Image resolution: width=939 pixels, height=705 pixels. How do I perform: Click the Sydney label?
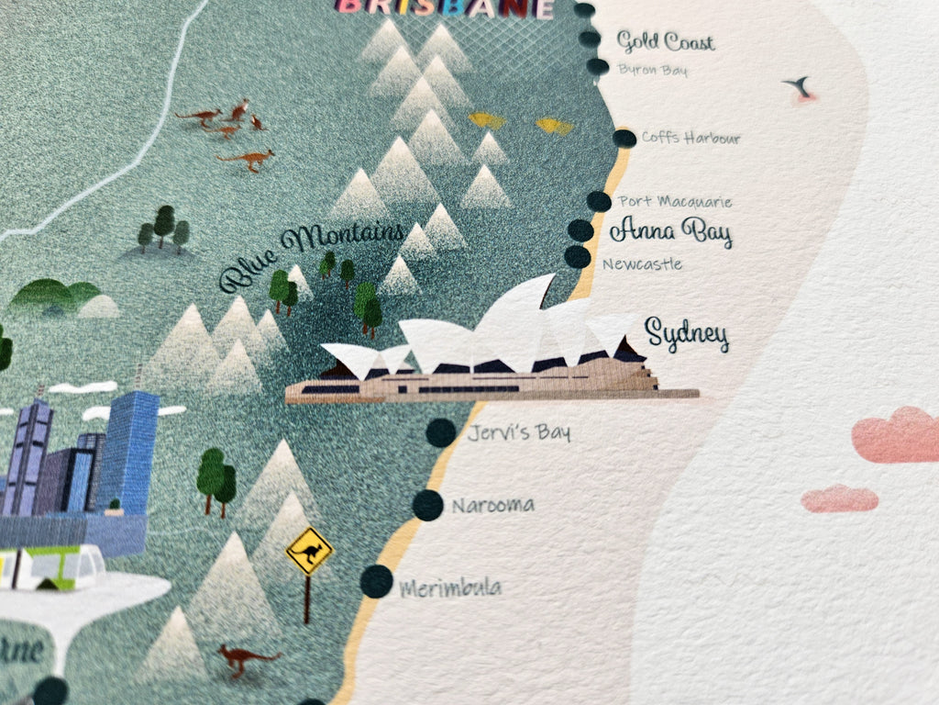coord(687,335)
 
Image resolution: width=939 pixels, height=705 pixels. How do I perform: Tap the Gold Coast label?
coord(665,41)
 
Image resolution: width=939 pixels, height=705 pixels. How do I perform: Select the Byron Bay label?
coord(652,70)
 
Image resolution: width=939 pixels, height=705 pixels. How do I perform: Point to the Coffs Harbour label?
coord(690,138)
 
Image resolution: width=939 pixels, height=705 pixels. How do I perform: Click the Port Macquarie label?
coord(675,201)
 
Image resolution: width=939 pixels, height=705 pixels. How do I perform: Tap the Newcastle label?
coord(642,264)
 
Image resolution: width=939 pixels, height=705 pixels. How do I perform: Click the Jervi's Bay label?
coord(518,432)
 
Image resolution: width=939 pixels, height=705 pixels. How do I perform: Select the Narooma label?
coord(493,505)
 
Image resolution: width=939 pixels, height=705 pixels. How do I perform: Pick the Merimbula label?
coord(450,587)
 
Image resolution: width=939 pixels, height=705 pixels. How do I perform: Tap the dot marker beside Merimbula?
coord(376,582)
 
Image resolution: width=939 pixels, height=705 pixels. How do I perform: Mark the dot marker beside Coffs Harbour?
coord(624,139)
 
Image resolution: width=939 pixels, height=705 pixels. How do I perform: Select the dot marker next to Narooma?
coord(427,505)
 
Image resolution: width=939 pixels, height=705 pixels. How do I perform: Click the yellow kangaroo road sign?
coord(309,552)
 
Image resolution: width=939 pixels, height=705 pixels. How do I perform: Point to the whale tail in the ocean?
coord(799,87)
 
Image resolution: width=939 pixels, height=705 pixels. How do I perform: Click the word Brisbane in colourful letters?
coord(446,8)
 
